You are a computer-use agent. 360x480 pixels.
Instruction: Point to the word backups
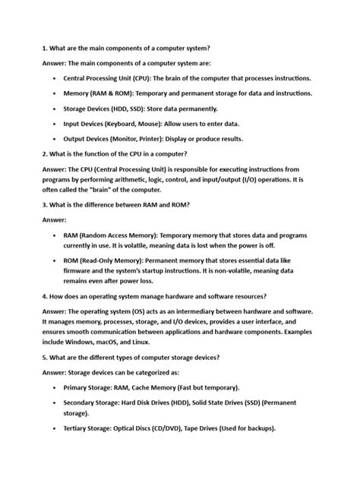pyautogui.click(x=257, y=428)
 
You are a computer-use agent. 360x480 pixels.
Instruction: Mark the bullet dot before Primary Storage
pyautogui.click(x=57, y=387)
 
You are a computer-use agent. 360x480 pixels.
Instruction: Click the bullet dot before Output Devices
pyautogui.click(x=57, y=139)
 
